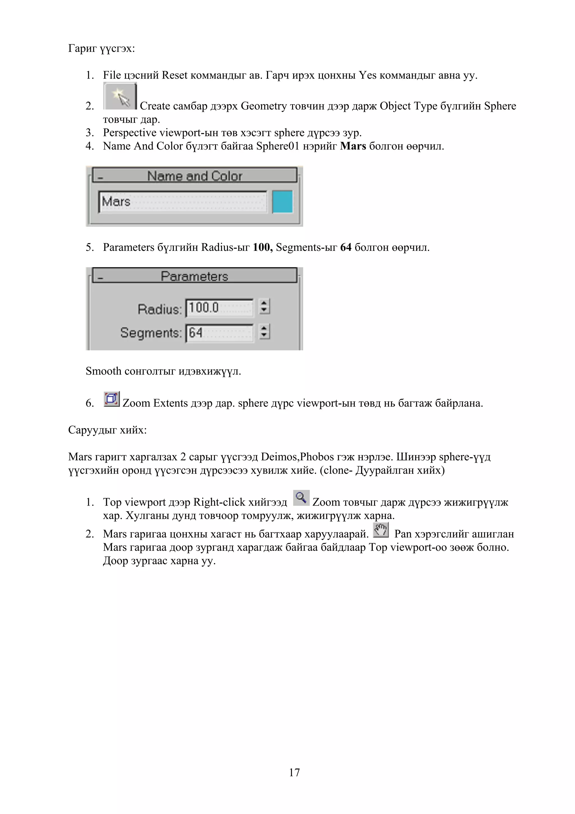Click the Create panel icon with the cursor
click(120, 96)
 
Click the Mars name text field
click(182, 202)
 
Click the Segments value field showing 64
click(219, 333)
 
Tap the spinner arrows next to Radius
click(264, 307)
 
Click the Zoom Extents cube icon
click(111, 399)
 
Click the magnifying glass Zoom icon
click(301, 498)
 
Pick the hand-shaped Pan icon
click(381, 530)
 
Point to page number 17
click(295, 772)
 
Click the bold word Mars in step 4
click(353, 146)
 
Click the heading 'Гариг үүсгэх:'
click(101, 48)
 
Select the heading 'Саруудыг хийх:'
click(107, 430)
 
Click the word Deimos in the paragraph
click(279, 457)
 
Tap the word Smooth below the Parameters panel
click(103, 371)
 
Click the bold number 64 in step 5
click(346, 247)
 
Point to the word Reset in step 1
click(174, 75)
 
